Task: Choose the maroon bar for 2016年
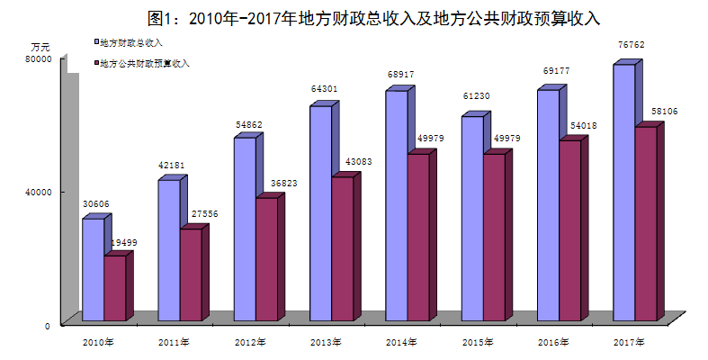pyautogui.click(x=570, y=229)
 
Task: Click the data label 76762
pyautogui.click(x=629, y=44)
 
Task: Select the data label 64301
pyautogui.click(x=325, y=88)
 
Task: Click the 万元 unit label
pyautogui.click(x=40, y=45)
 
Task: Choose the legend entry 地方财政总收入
pyautogui.click(x=130, y=41)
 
